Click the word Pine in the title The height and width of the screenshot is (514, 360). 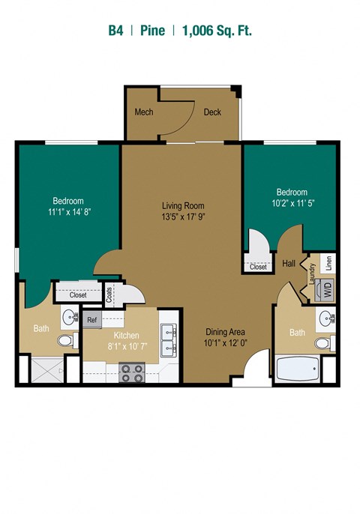click(152, 31)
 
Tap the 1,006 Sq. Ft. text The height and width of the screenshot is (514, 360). click(217, 31)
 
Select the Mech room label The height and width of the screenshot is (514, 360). click(144, 112)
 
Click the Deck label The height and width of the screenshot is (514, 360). click(212, 112)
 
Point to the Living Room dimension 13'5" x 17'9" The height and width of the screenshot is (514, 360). click(183, 217)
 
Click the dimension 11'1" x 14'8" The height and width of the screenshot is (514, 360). click(69, 212)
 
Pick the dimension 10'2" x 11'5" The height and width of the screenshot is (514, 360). click(292, 203)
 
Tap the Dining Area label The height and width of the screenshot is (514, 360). click(225, 332)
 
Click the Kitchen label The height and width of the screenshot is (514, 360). click(126, 336)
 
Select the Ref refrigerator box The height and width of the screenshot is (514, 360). click(92, 320)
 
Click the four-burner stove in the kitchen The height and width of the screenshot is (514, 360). click(131, 372)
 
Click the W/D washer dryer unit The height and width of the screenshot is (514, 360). click(325, 289)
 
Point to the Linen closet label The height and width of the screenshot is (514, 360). click(328, 263)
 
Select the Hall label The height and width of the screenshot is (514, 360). click(289, 263)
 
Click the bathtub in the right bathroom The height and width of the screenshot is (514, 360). click(298, 369)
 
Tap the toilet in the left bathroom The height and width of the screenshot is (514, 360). click(68, 340)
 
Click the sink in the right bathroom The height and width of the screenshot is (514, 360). click(325, 318)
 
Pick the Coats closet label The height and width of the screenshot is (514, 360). click(109, 294)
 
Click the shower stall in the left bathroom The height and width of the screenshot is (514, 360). click(47, 370)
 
